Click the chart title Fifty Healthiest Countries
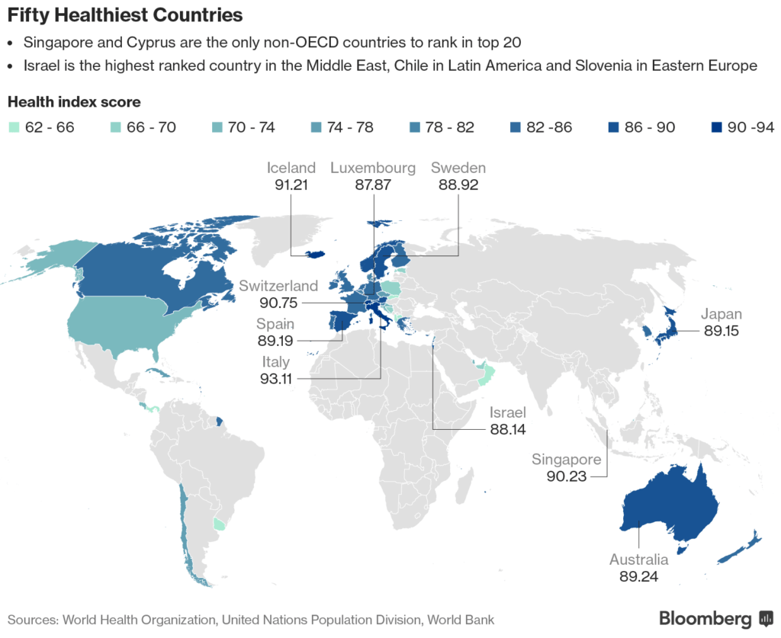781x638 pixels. (x=125, y=14)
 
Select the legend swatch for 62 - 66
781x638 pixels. (x=13, y=127)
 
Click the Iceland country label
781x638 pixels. (x=291, y=168)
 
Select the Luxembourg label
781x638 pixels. (x=373, y=168)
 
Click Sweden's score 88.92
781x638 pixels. (x=458, y=184)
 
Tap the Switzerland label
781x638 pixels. (x=278, y=286)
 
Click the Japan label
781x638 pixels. (x=722, y=314)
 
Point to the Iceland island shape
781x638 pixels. (x=318, y=255)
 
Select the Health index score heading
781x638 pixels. (x=74, y=102)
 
